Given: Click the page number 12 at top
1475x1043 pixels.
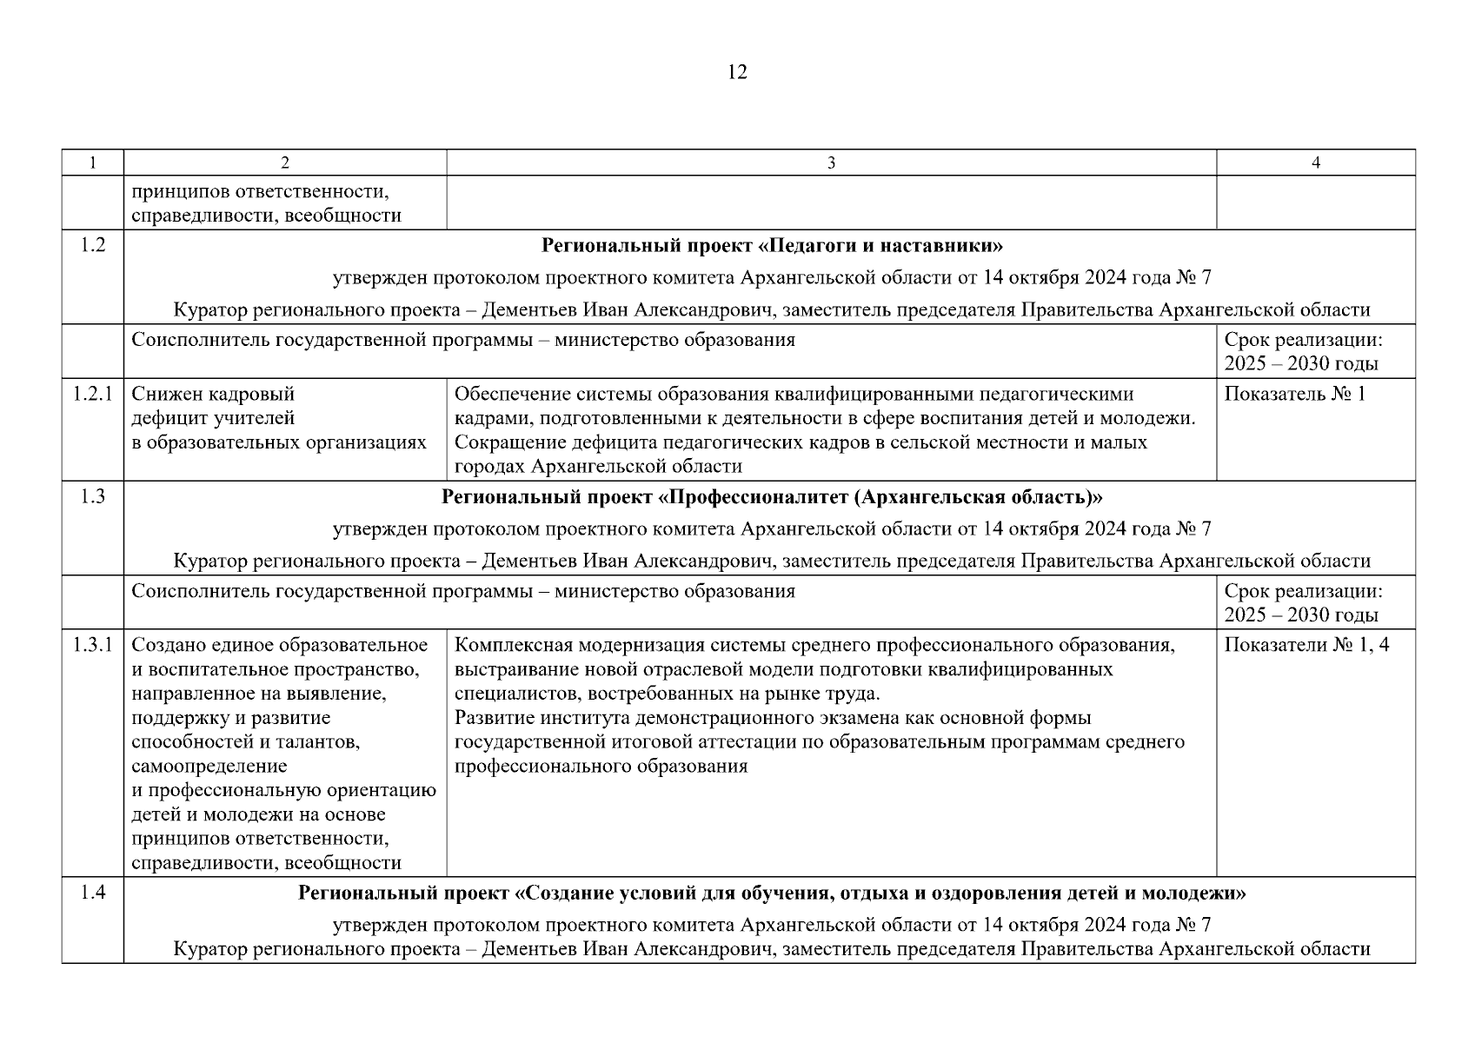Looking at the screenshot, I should tap(736, 72).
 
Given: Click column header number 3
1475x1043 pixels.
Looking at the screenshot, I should tap(831, 163).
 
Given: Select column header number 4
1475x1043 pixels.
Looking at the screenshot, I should tap(1315, 163).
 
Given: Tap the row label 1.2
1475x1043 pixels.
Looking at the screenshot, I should tap(92, 245).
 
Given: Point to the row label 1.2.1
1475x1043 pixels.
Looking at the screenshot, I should tap(92, 394).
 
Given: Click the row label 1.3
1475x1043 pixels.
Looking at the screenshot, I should tap(92, 496).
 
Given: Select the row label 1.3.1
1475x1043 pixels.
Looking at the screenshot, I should tap(92, 645).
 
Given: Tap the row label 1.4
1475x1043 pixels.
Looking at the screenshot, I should tap(92, 892).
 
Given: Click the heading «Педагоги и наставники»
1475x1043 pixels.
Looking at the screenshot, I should tap(772, 245).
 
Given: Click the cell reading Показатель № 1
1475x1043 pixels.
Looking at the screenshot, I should tap(1294, 394).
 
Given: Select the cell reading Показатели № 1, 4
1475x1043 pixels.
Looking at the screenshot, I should tap(1306, 645).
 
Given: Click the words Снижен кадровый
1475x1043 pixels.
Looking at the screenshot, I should tap(213, 394).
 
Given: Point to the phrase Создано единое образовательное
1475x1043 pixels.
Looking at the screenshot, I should tap(279, 645).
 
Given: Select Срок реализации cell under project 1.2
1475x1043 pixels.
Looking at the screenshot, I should tap(1303, 351).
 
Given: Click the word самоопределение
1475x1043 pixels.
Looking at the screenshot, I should tap(209, 767).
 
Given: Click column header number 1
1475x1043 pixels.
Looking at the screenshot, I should tap(92, 163).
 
